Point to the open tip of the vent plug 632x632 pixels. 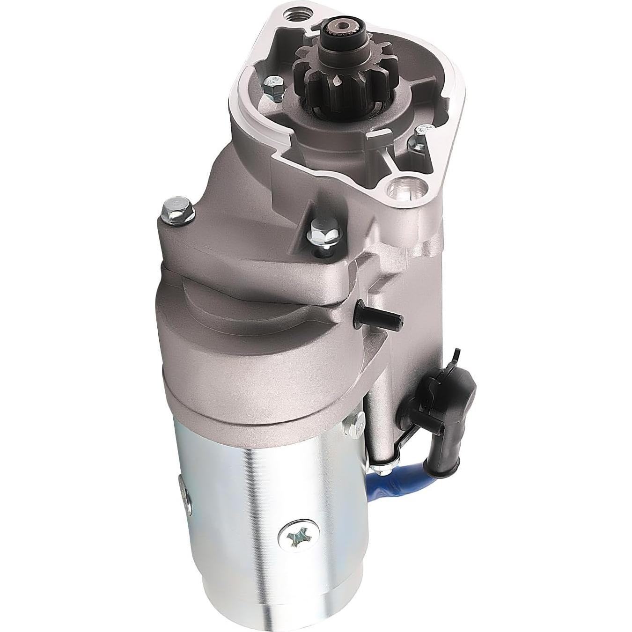pos(398,318)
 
